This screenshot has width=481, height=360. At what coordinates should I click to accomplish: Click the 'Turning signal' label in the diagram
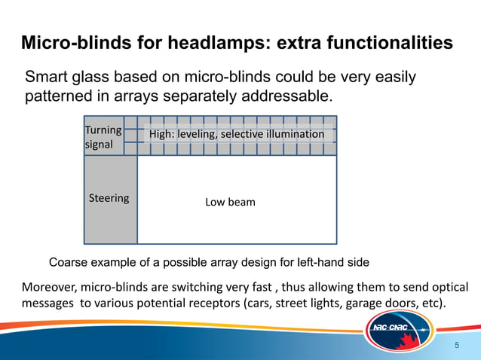click(x=103, y=137)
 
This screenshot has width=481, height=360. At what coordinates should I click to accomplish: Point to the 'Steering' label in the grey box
click(x=109, y=199)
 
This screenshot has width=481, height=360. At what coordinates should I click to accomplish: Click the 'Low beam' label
click(x=230, y=203)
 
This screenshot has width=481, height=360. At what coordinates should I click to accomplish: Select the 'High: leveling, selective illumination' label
click(x=237, y=134)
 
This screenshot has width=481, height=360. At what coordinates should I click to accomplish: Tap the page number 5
click(x=456, y=344)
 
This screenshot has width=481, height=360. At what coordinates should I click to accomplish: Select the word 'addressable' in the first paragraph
click(x=287, y=97)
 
